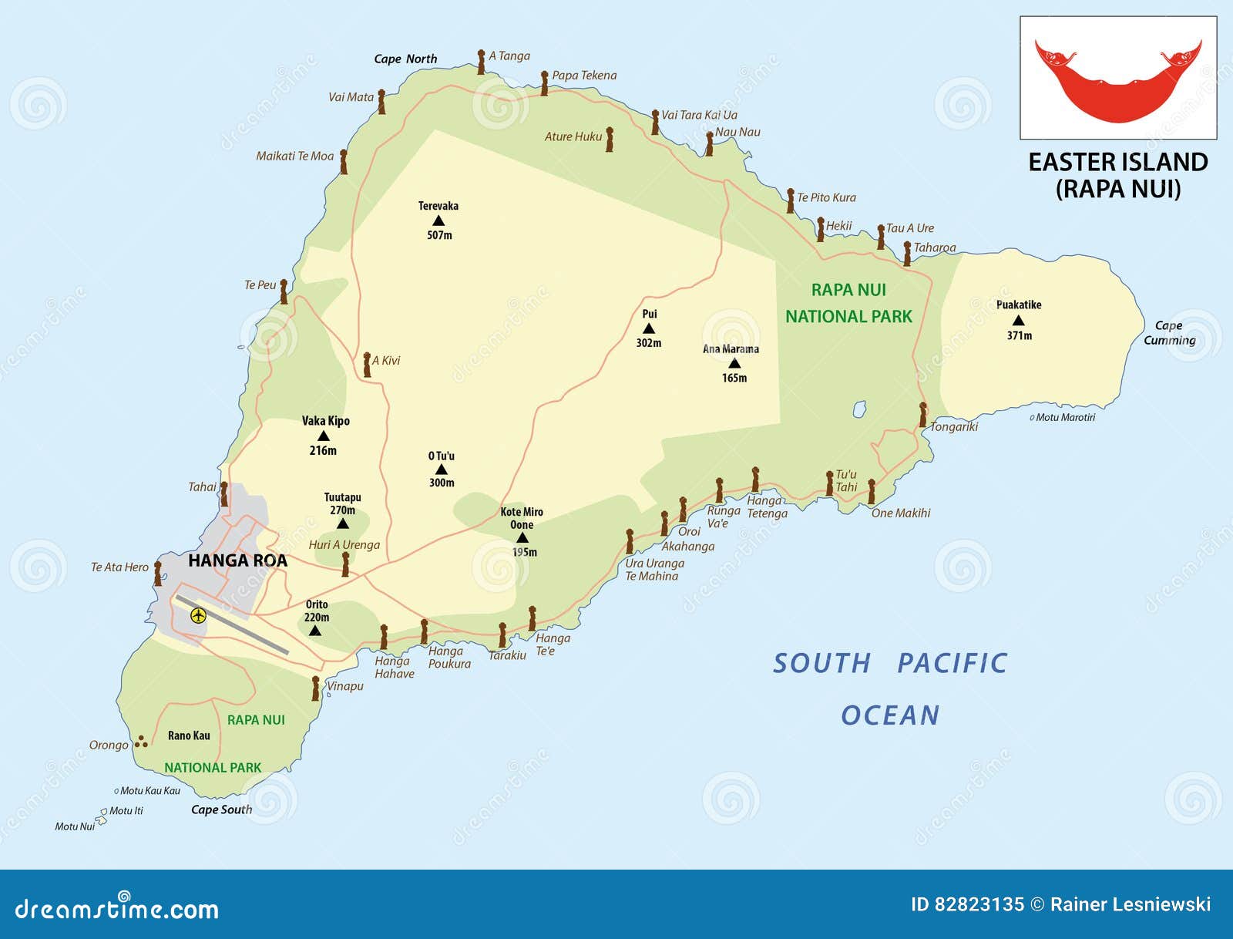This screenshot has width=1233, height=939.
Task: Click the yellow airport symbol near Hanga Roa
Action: click(x=198, y=615)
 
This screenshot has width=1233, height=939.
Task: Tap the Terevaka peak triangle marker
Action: click(x=438, y=221)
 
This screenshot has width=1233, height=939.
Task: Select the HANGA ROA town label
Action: click(x=237, y=560)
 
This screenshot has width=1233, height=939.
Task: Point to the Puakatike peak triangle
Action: click(x=1018, y=321)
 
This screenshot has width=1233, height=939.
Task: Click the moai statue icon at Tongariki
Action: click(x=922, y=415)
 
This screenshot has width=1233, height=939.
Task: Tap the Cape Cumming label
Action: click(x=1169, y=333)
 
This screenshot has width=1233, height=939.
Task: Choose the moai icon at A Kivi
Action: click(x=367, y=365)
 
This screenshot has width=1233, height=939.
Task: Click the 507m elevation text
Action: click(x=439, y=235)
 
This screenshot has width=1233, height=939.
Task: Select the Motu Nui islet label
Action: click(x=75, y=826)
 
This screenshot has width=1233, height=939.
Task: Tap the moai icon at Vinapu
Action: click(x=315, y=688)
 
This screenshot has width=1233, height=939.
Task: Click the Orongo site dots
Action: click(x=141, y=742)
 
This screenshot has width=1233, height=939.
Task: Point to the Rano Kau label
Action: click(x=189, y=735)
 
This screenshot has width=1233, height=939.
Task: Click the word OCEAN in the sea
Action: click(x=890, y=715)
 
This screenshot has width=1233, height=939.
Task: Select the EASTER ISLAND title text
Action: click(x=1117, y=163)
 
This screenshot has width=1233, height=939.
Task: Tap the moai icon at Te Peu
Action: click(x=284, y=291)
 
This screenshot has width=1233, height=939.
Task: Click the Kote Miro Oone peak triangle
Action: click(x=522, y=538)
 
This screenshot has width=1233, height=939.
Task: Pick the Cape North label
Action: click(x=405, y=59)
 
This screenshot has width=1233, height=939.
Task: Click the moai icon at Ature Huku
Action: click(x=609, y=140)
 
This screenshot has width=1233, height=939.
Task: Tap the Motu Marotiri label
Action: click(x=1065, y=417)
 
